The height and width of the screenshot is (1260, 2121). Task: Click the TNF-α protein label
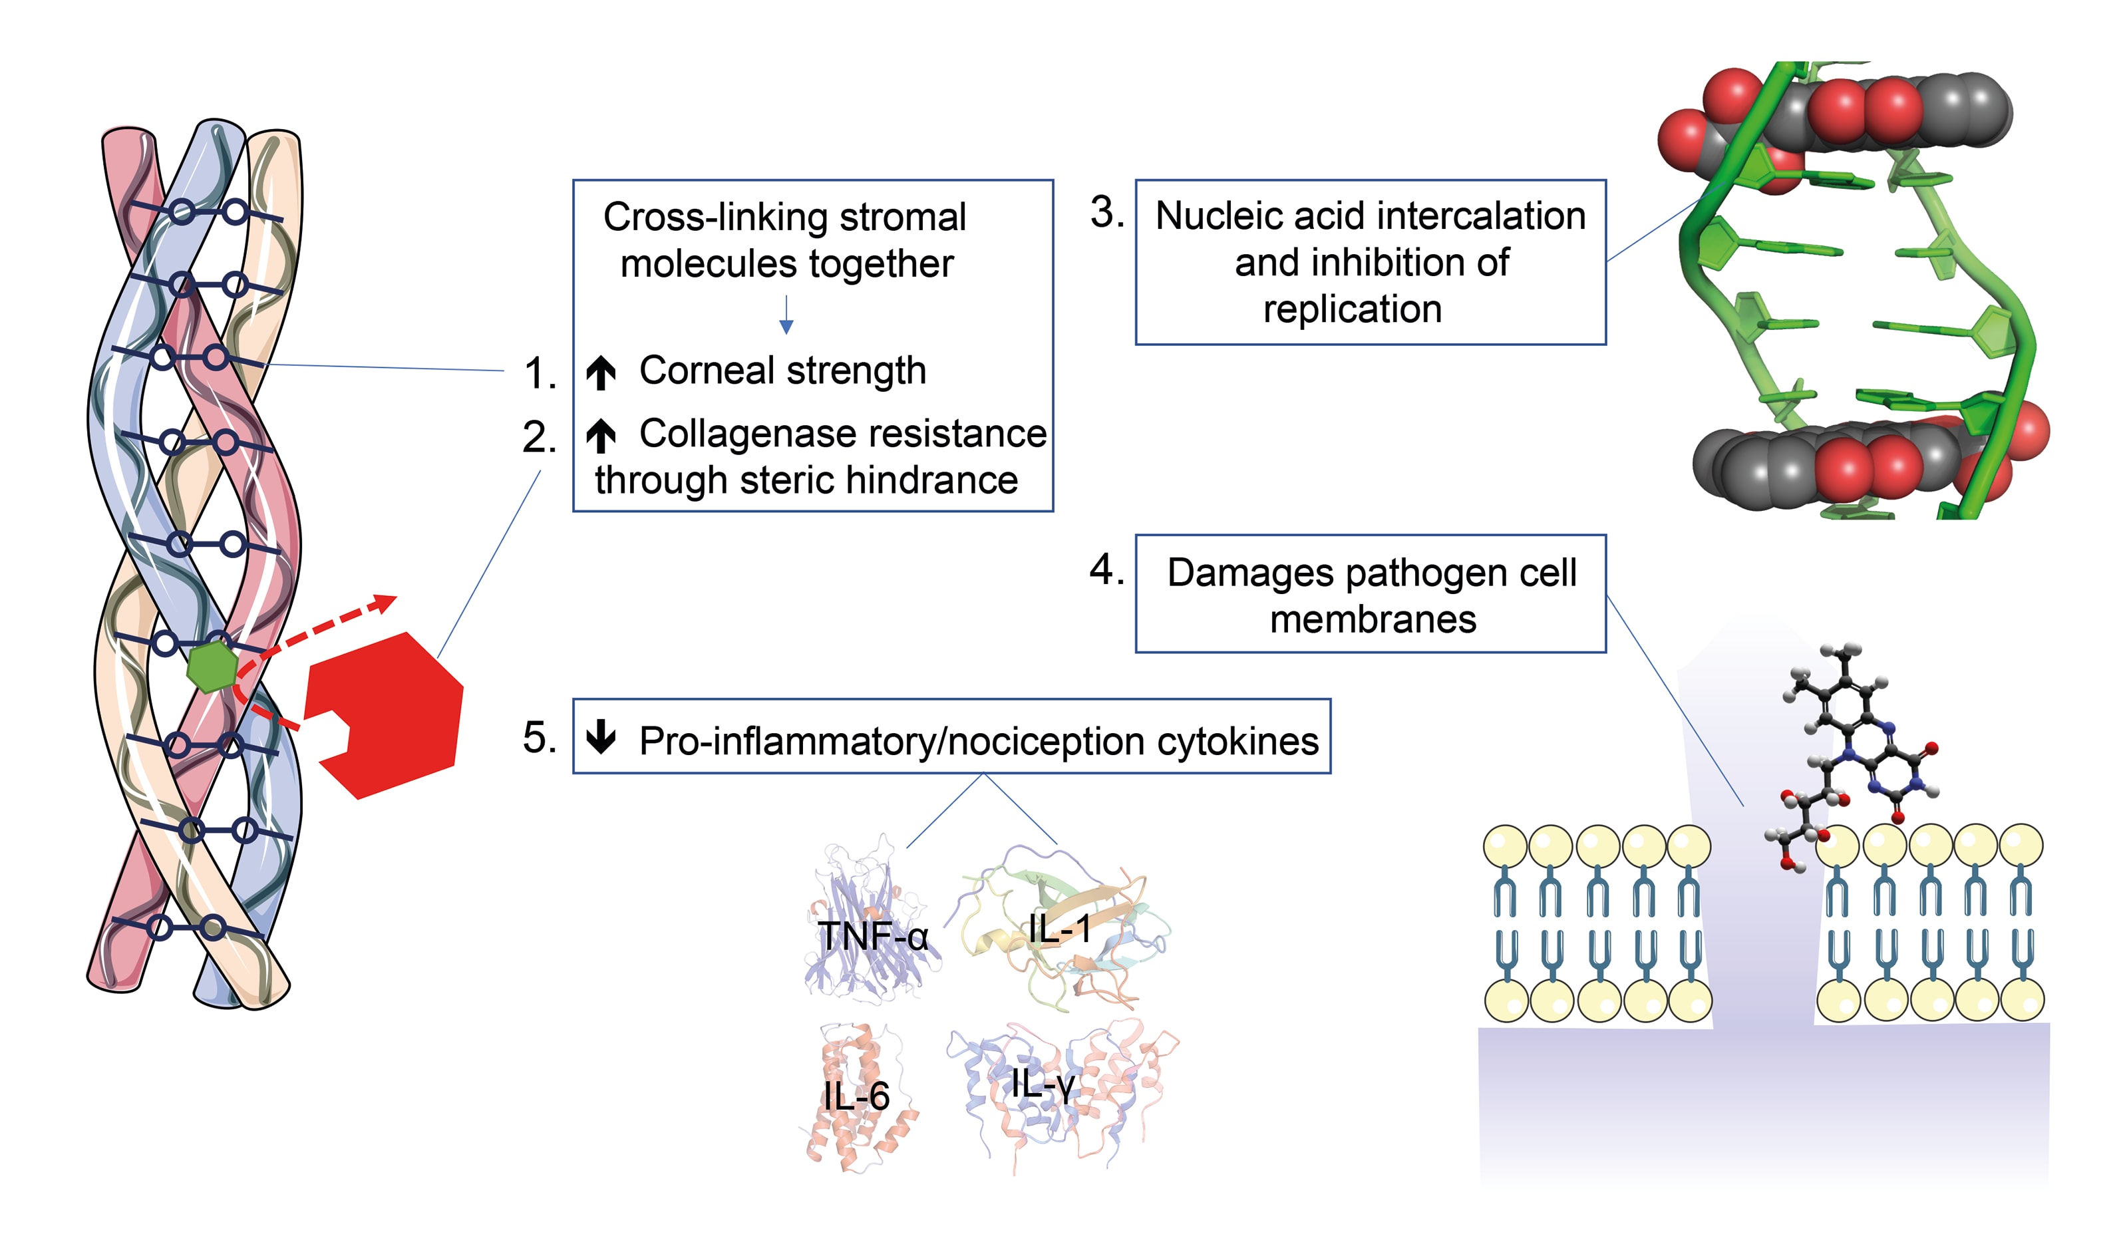point(873,937)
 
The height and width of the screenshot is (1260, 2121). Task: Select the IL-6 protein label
point(856,1096)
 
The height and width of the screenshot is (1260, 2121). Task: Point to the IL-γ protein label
point(1043,1084)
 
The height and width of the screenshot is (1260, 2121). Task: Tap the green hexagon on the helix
point(212,667)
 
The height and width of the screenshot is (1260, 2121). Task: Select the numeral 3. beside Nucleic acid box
point(1107,212)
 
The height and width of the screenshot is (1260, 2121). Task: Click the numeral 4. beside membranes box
point(1106,569)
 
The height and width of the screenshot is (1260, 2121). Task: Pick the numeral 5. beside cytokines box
point(539,737)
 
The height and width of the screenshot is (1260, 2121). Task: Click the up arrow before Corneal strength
point(601,373)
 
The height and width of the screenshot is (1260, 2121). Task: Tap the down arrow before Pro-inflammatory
point(601,737)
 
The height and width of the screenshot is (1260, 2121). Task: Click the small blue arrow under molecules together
point(786,315)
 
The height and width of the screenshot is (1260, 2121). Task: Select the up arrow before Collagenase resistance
point(601,436)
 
